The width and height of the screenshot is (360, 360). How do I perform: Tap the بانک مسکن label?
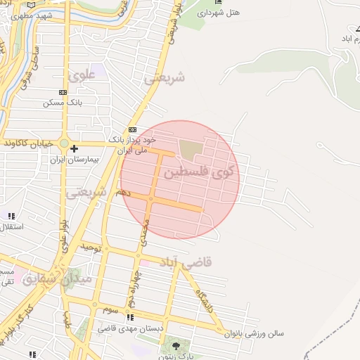click(63, 103)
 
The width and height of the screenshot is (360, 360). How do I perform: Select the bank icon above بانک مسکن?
click(63, 92)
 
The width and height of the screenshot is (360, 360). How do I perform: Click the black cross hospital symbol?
click(74, 148)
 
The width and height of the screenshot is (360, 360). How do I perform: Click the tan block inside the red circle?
click(189, 149)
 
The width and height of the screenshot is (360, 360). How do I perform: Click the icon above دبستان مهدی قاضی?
click(129, 317)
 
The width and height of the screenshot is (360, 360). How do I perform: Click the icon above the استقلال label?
click(11, 216)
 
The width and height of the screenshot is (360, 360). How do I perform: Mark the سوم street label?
click(110, 309)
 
